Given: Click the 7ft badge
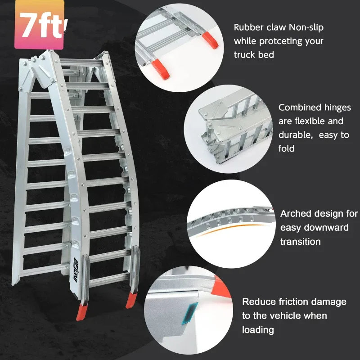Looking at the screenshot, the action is point(40,25).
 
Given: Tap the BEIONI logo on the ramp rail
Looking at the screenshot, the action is point(76,268).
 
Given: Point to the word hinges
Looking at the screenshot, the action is point(337,108).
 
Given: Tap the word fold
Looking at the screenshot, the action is point(286,148).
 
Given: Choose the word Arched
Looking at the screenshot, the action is point(296,214).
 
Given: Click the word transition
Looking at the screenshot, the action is point(300,242).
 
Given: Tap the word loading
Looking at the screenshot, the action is point(258,330).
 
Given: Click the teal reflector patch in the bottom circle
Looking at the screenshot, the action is point(190,313).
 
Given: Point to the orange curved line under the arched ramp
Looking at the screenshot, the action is point(232,228).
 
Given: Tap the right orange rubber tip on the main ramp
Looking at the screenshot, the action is point(131,300).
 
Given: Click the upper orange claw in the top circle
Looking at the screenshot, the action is point(210,40).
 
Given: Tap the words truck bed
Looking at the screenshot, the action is point(254,55).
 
